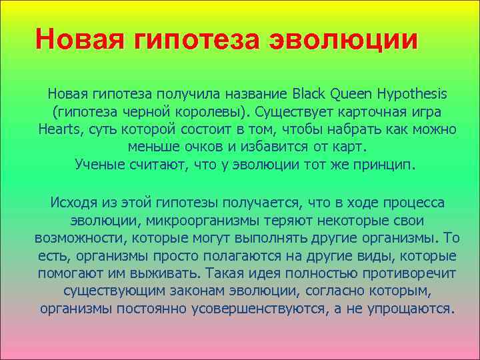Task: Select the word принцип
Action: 383,164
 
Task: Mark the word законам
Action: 195,292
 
